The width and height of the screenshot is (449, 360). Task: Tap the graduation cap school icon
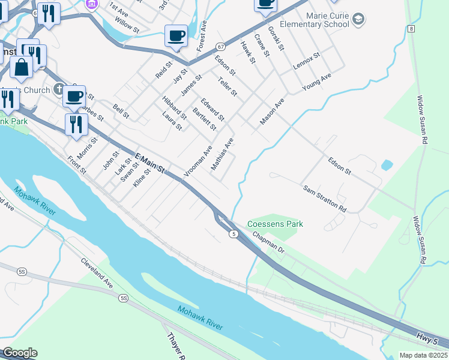click(x=358, y=20)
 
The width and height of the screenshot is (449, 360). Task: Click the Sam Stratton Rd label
click(x=324, y=199)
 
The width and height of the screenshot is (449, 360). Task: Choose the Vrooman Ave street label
click(x=198, y=161)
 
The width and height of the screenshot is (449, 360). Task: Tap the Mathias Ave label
click(x=221, y=154)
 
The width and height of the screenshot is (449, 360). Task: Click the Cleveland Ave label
click(x=97, y=273)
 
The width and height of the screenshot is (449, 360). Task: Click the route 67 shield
click(x=221, y=46)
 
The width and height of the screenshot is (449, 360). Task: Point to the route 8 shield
click(x=411, y=29)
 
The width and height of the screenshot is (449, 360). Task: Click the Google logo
click(x=20, y=353)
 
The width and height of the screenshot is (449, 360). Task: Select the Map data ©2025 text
click(x=423, y=355)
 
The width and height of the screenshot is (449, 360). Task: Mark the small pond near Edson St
click(x=387, y=164)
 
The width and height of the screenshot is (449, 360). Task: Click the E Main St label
click(x=149, y=162)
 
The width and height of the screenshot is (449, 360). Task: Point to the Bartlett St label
click(x=204, y=118)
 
